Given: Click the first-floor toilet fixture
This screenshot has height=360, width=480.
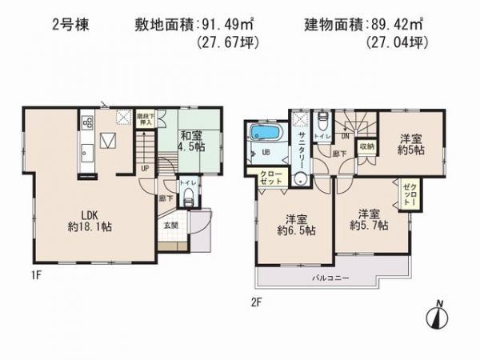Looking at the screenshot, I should click(189, 201).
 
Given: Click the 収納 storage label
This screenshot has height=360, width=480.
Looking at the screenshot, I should click(366, 146).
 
